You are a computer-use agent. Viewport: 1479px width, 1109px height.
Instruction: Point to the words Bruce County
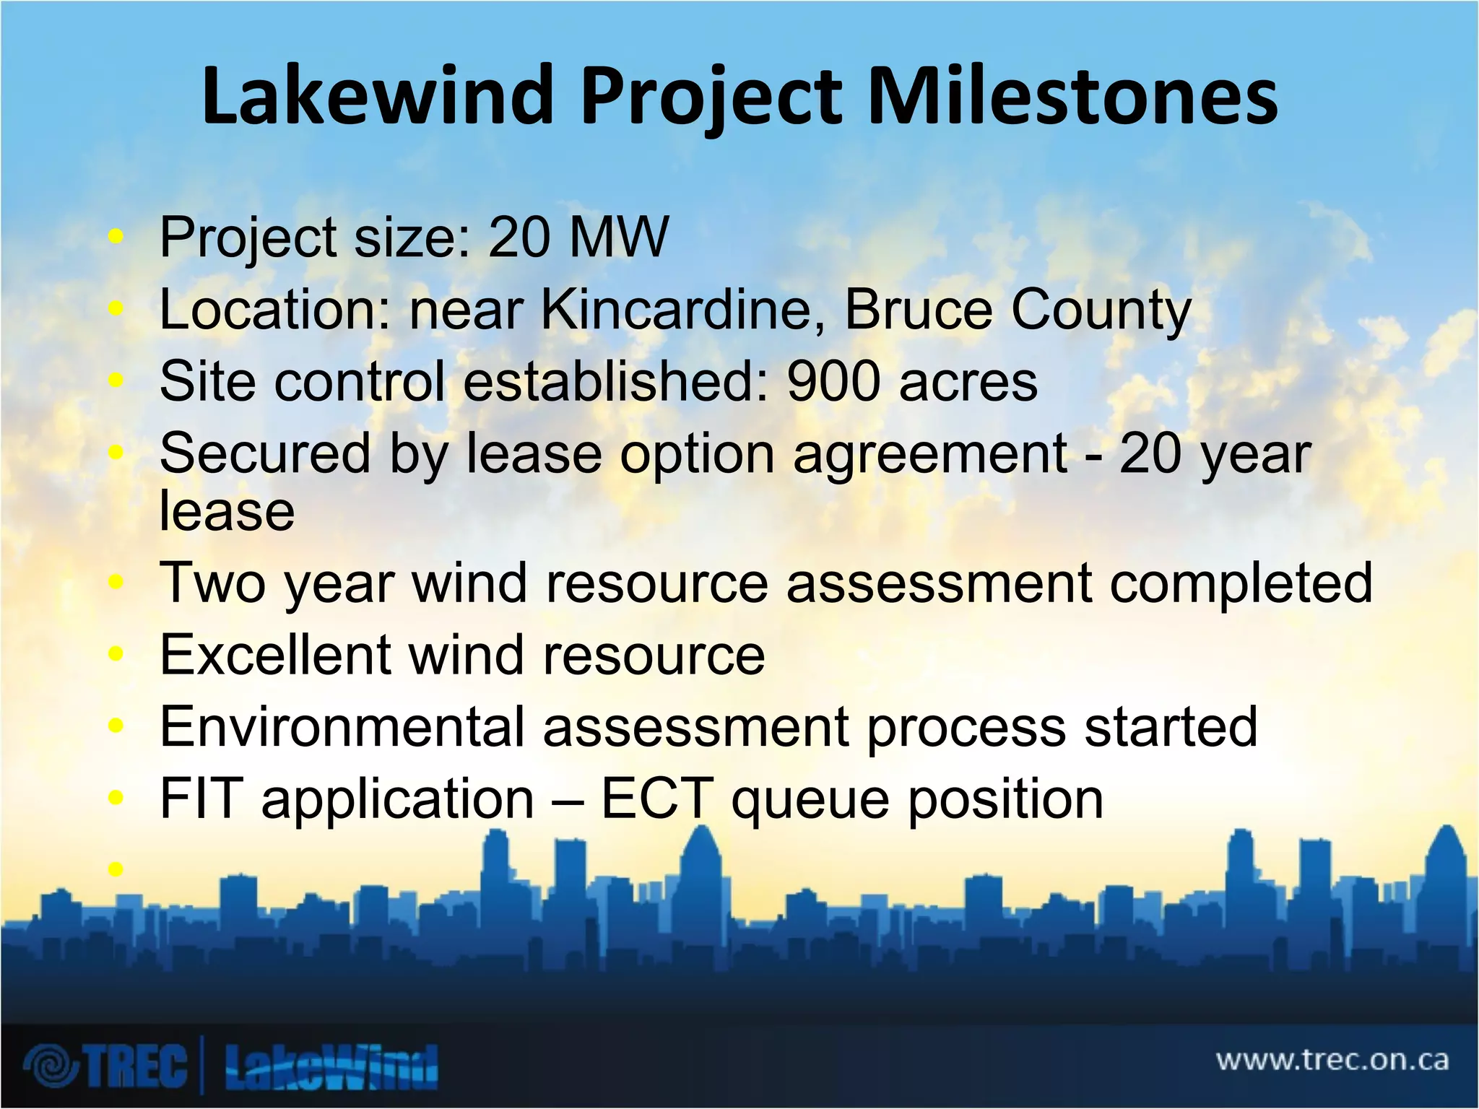tap(1017, 311)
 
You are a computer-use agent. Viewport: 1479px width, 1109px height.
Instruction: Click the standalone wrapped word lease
tap(227, 510)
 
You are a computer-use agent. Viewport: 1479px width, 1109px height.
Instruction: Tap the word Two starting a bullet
tap(213, 583)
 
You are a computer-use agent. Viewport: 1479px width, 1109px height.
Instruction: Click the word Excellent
tap(274, 655)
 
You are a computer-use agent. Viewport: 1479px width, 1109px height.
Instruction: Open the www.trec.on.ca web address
tap(1332, 1060)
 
